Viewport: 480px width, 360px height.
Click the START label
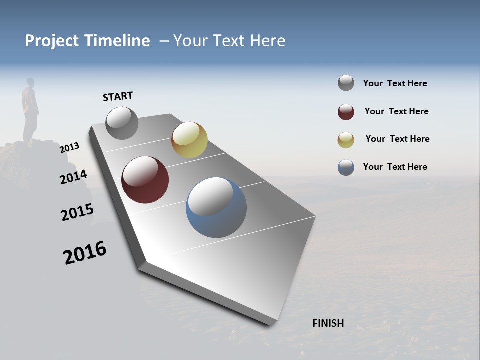click(118, 96)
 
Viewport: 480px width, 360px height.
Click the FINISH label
click(328, 323)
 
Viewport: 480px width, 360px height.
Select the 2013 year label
click(70, 148)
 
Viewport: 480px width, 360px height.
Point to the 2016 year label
click(85, 253)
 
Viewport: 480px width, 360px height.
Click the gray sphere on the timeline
click(122, 123)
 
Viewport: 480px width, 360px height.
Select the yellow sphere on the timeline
click(189, 140)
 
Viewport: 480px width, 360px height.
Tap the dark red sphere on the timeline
click(145, 180)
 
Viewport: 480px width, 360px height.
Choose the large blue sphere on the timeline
click(216, 207)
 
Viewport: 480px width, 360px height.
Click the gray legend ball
click(346, 83)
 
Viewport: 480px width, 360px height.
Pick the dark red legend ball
click(346, 112)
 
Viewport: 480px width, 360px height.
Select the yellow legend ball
click(346, 139)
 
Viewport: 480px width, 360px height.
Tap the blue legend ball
click(346, 167)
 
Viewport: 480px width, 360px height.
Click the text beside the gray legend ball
click(395, 84)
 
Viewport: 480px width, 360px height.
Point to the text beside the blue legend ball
click(395, 167)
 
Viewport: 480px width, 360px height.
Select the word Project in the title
click(52, 41)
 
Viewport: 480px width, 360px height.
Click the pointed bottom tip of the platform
click(272, 322)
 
